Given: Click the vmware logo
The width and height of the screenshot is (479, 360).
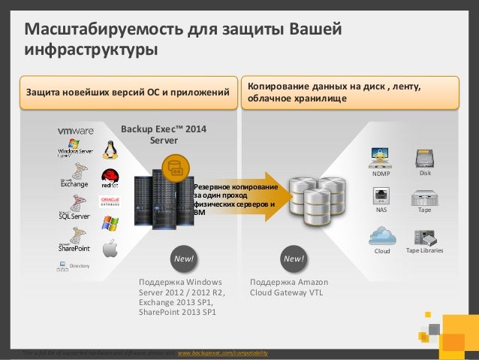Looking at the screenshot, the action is (76, 131).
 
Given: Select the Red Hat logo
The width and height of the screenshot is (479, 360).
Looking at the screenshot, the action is (110, 177).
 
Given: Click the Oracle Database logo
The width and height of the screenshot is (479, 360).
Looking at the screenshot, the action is (110, 201).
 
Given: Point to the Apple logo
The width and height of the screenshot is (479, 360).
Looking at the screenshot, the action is (110, 249).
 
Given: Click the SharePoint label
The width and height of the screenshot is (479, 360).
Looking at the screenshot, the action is (74, 248).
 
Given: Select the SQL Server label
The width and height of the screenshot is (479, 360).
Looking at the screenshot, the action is (74, 216).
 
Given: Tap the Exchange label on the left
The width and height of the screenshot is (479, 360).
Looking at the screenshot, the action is (74, 183).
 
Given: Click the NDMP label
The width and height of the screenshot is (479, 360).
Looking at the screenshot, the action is (381, 174).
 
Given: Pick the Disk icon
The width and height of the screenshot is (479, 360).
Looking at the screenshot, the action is (425, 159).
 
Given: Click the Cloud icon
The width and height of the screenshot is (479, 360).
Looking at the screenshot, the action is (382, 236).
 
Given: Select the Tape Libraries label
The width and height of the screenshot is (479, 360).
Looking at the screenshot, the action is (424, 250).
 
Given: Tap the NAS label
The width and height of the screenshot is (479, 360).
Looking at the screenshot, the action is (381, 211).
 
